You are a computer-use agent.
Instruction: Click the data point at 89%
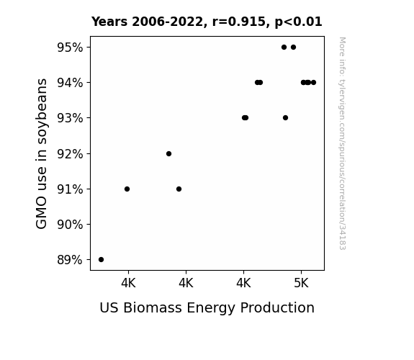(101, 260)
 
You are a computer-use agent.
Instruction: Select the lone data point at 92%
(169, 153)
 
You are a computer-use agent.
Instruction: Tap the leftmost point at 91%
(127, 189)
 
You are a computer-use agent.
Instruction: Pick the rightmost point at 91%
(179, 189)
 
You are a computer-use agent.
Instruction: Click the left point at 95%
(284, 48)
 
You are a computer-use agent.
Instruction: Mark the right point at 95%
(293, 48)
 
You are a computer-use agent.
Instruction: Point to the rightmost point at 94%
(314, 82)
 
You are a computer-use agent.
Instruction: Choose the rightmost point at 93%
(285, 118)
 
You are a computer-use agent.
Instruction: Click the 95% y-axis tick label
(70, 48)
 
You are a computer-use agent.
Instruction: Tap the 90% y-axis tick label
(70, 225)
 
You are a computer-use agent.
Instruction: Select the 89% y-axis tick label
(70, 260)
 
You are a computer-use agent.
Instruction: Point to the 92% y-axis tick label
(70, 153)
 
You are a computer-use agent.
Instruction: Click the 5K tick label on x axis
(301, 284)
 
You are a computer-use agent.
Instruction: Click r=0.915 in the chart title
(239, 22)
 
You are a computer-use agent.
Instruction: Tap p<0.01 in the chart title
(298, 22)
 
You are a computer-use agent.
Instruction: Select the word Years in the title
(109, 22)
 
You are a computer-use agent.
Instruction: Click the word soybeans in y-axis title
(42, 111)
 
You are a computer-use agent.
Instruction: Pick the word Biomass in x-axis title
(153, 307)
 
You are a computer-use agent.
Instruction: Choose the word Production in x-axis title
(277, 307)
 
